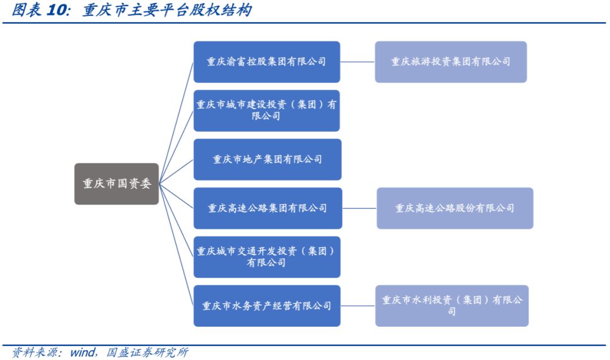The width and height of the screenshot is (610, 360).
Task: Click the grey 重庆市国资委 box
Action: tap(116, 184)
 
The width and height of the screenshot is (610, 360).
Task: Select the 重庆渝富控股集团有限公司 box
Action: tap(267, 62)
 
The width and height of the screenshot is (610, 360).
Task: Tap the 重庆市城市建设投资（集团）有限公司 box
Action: tap(267, 111)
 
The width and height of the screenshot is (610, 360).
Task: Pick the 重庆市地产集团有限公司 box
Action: tap(267, 159)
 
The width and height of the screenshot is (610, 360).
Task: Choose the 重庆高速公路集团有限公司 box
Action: tap(267, 208)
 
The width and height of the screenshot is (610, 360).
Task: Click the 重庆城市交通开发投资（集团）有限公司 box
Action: tap(267, 257)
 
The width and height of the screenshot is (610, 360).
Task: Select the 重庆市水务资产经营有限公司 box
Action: tap(267, 306)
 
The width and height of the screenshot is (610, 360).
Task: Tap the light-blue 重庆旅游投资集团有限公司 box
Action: tap(451, 62)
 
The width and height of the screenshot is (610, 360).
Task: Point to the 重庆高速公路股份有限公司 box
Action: tap(455, 208)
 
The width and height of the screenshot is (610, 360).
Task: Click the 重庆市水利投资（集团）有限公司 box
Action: tap(452, 306)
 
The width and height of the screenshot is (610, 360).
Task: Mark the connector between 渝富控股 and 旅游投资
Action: tap(358, 62)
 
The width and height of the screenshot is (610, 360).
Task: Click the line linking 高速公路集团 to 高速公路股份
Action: tap(359, 208)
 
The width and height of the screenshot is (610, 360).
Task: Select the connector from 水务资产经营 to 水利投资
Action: tap(358, 306)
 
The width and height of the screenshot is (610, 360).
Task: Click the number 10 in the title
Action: tap(55, 11)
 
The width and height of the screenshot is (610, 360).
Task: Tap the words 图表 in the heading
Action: tap(26, 11)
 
